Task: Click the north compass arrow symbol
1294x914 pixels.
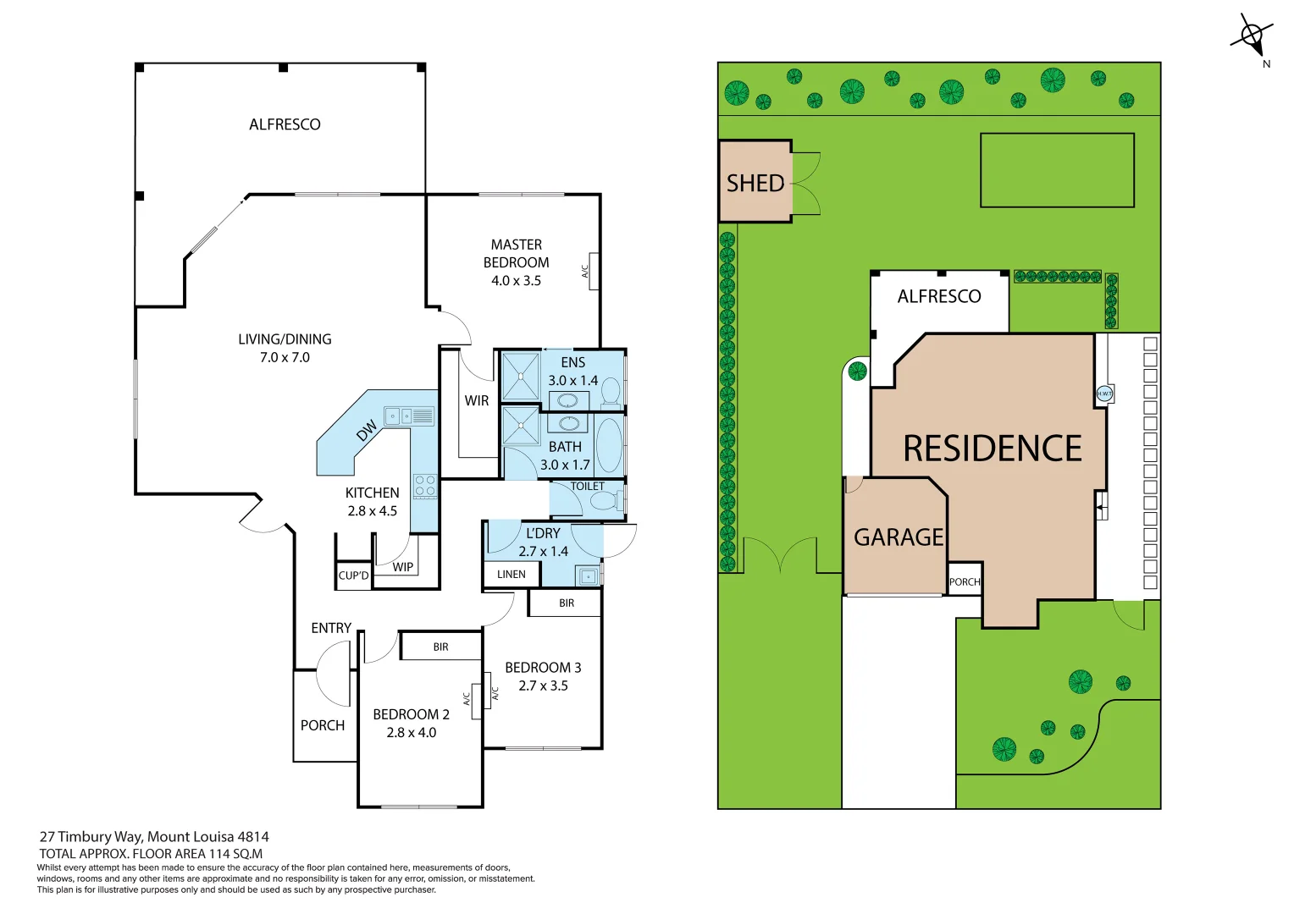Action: click(1253, 36)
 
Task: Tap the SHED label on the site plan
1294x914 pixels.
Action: click(755, 183)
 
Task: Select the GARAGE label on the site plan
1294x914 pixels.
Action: click(898, 537)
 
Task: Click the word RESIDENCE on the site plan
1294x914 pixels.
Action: click(993, 449)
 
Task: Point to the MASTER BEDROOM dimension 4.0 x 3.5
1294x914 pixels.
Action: click(516, 281)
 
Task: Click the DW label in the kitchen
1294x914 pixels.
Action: click(367, 432)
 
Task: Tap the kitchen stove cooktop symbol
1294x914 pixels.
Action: click(425, 486)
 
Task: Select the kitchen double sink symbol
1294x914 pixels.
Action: click(409, 416)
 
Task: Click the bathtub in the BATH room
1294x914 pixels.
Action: click(609, 444)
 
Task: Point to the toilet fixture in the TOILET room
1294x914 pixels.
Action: click(606, 501)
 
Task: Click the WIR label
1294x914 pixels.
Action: click(477, 401)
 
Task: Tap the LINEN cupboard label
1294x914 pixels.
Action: click(512, 575)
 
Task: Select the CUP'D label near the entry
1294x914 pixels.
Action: click(354, 576)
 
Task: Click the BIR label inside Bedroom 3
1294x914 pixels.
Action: click(567, 603)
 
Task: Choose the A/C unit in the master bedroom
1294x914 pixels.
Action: click(594, 272)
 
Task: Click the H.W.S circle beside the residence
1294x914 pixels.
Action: click(1104, 394)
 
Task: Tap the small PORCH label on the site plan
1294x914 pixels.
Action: click(965, 582)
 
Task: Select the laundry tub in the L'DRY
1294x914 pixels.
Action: click(588, 577)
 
